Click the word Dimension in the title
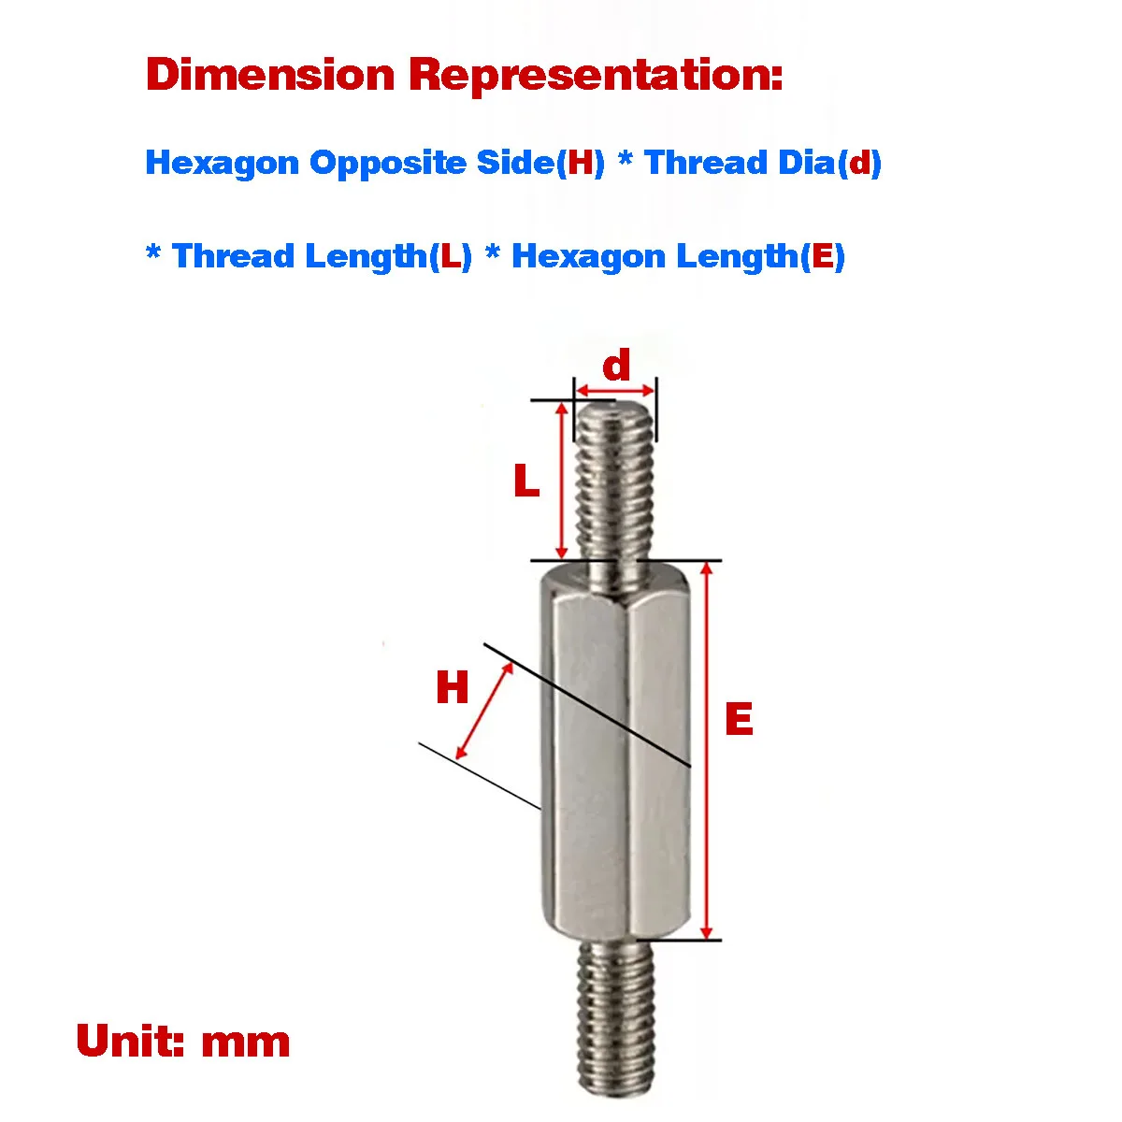[270, 75]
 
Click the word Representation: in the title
[596, 75]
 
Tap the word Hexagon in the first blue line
[223, 163]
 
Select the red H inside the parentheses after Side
[582, 163]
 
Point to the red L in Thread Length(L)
[450, 255]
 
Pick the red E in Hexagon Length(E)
[823, 255]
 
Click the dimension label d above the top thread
[616, 366]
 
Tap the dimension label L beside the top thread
[526, 482]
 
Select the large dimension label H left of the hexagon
[453, 689]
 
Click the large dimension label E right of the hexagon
[739, 719]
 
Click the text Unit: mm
[183, 1042]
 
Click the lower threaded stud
[613, 1019]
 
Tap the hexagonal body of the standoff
[614, 748]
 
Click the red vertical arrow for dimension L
[562, 481]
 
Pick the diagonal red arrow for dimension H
[485, 712]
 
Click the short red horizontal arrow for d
[615, 389]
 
